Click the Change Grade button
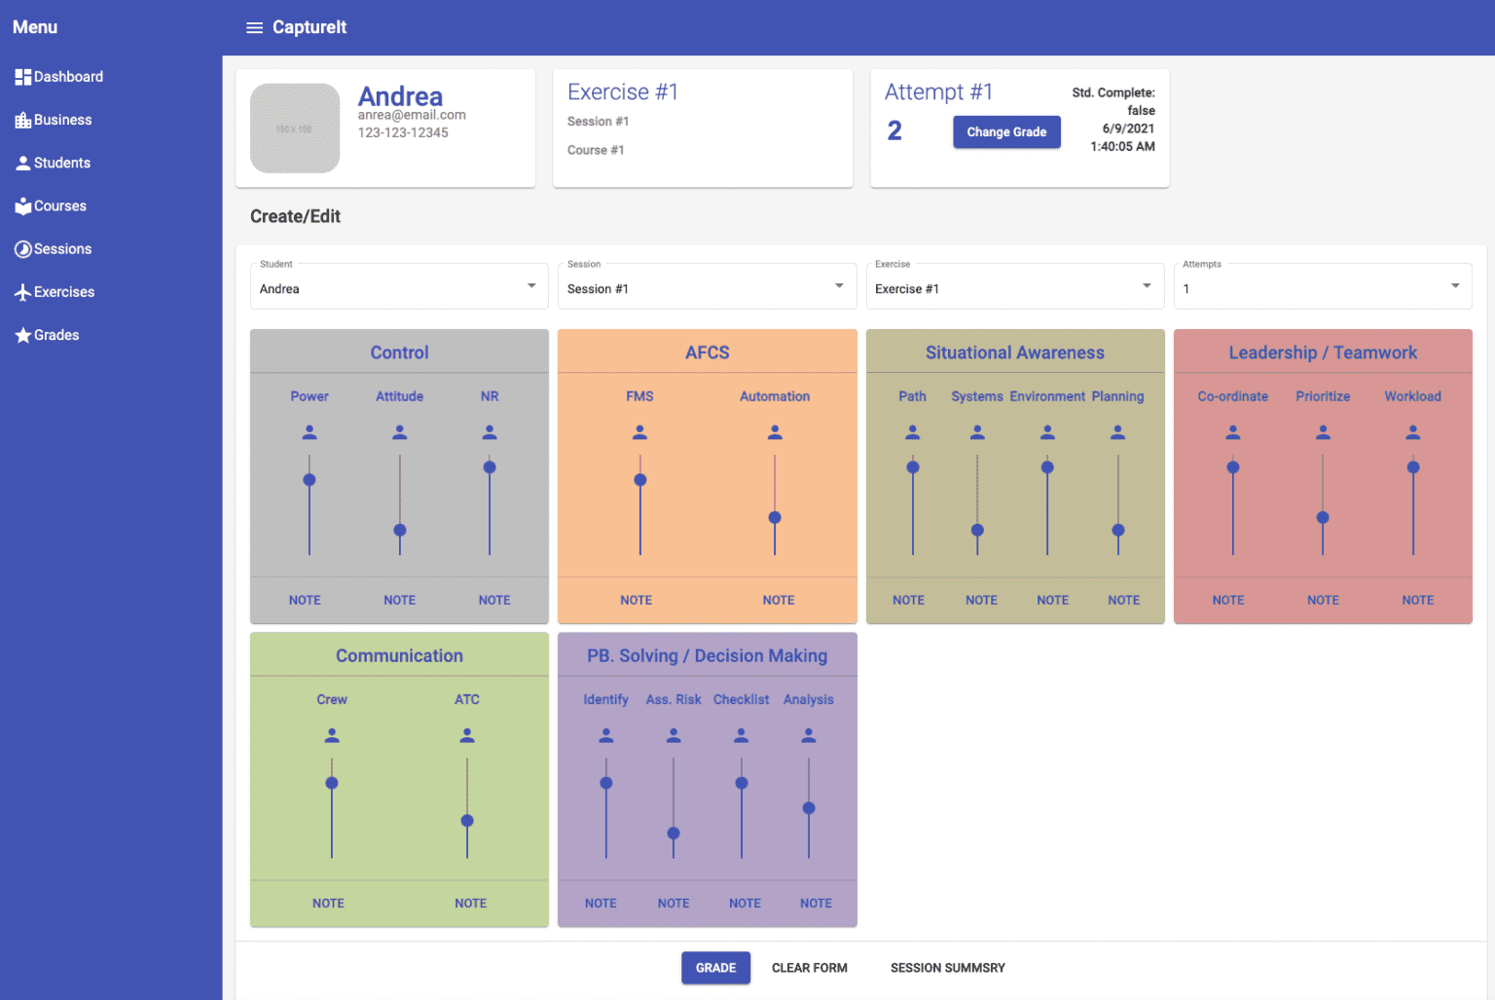1006,131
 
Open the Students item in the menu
53,163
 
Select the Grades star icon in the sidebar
22,334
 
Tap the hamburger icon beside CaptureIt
254,27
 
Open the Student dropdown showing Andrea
399,286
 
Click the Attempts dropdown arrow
1455,285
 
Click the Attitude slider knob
400,531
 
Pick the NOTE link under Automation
779,600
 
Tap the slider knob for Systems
977,531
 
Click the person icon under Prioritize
1323,432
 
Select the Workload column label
1413,396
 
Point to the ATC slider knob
467,821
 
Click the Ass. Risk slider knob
674,833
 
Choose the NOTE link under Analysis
816,904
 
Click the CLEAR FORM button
810,968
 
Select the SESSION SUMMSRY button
948,968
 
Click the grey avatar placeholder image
295,129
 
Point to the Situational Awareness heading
1014,352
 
